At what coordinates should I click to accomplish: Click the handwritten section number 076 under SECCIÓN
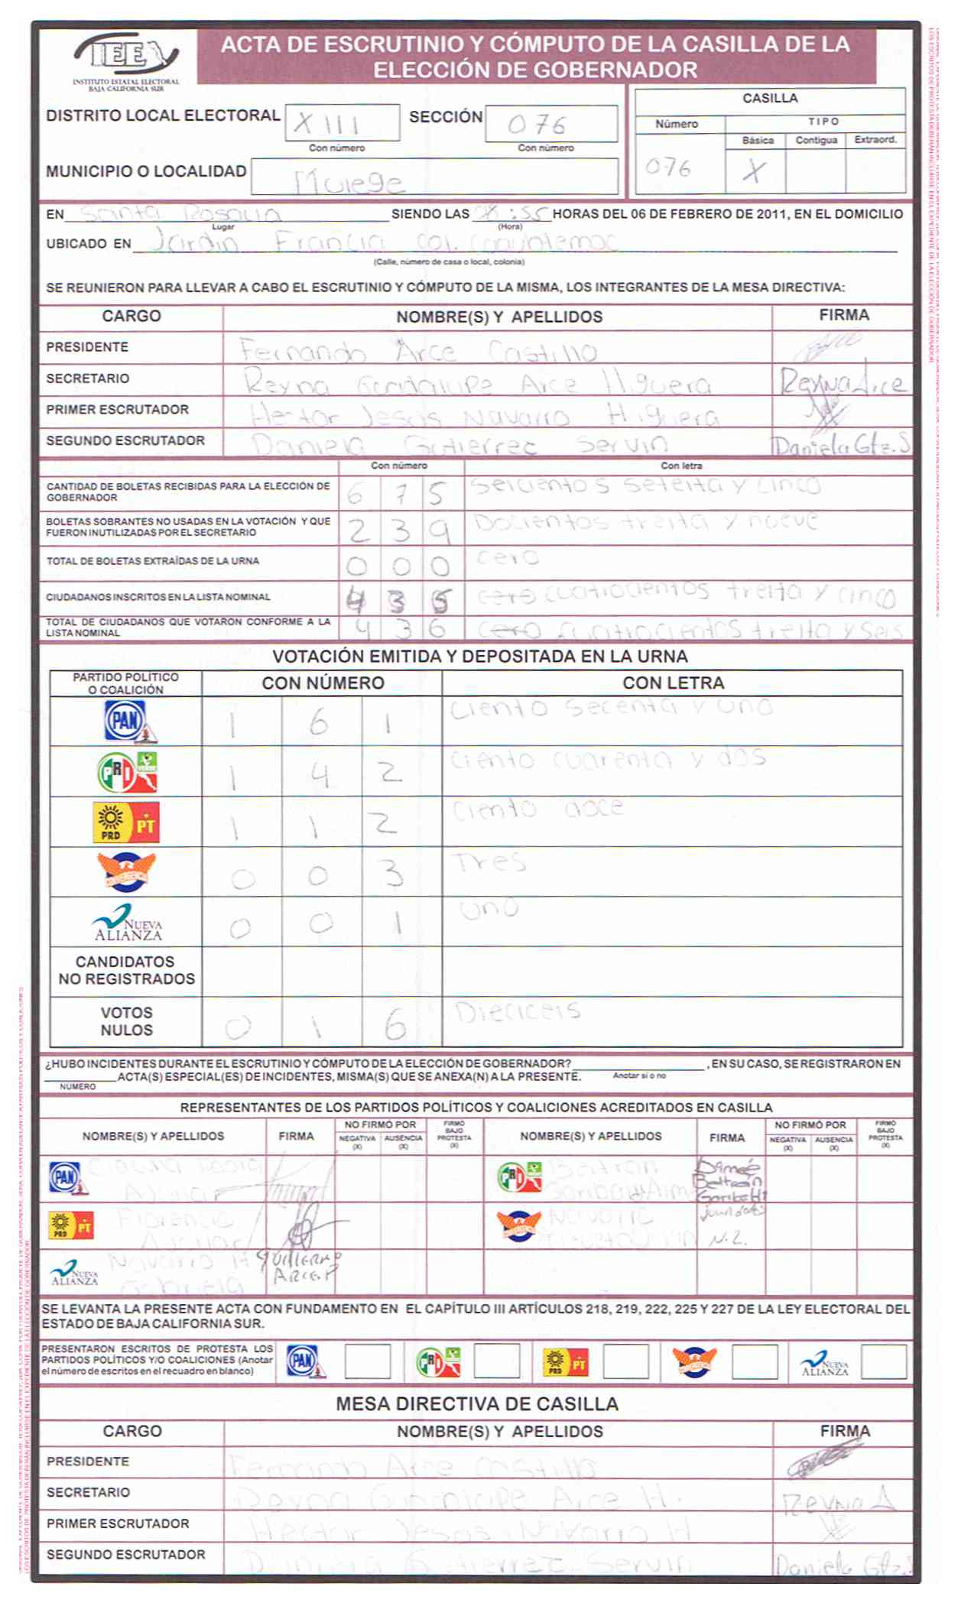pyautogui.click(x=537, y=125)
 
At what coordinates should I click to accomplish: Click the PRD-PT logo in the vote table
pyautogui.click(x=126, y=823)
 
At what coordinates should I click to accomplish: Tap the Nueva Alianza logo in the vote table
pyautogui.click(x=127, y=923)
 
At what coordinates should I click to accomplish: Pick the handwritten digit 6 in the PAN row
pyautogui.click(x=319, y=722)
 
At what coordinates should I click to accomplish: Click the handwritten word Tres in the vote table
pyautogui.click(x=491, y=863)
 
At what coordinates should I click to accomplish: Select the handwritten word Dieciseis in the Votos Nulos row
pyautogui.click(x=518, y=1012)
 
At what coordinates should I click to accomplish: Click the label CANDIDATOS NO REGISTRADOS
pyautogui.click(x=126, y=970)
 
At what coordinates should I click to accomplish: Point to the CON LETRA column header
pyautogui.click(x=673, y=683)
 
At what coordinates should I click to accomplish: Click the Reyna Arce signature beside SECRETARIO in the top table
pyautogui.click(x=841, y=381)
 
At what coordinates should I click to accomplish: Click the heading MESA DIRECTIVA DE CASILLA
pyautogui.click(x=477, y=1403)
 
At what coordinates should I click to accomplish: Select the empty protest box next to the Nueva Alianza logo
pyautogui.click(x=883, y=1361)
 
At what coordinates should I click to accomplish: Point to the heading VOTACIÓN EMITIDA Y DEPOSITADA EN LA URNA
pyautogui.click(x=480, y=656)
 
